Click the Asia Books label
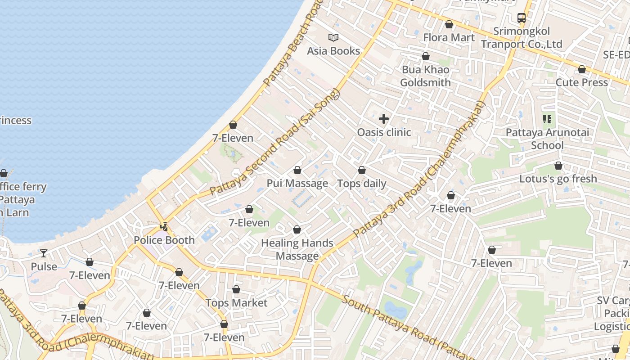[333, 51]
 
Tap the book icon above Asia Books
[333, 38]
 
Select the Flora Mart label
[449, 37]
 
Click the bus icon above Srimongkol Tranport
[522, 18]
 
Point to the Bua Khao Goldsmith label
[425, 76]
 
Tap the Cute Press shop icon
[582, 70]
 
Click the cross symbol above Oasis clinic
[384, 119]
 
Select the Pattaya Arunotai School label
[547, 139]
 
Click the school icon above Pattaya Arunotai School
[547, 119]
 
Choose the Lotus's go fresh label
[558, 179]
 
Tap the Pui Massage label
[297, 183]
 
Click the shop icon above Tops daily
[362, 171]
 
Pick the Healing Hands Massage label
[297, 249]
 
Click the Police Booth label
[164, 240]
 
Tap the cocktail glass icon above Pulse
[44, 253]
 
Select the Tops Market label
[236, 303]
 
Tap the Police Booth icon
[165, 227]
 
